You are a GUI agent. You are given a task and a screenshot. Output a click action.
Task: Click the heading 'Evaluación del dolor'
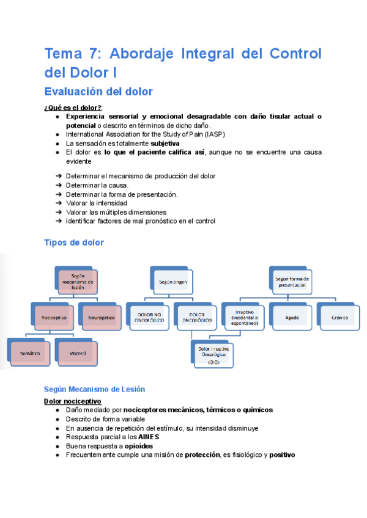(x=98, y=92)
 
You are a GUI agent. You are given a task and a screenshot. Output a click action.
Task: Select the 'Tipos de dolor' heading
(x=74, y=243)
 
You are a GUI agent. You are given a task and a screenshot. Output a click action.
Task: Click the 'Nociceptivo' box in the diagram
(x=54, y=318)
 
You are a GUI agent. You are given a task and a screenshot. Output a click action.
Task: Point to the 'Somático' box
(x=29, y=353)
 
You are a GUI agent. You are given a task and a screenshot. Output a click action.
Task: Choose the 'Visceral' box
(x=77, y=353)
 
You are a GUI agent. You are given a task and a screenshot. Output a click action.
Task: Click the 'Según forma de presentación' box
(x=292, y=282)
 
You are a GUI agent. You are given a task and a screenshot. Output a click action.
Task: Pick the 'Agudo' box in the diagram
(x=292, y=318)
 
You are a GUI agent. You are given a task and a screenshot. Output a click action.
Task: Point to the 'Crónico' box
(x=339, y=318)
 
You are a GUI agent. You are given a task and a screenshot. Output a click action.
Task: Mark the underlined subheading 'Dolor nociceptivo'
(x=73, y=401)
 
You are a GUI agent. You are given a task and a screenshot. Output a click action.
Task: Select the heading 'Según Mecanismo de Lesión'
(x=94, y=388)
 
